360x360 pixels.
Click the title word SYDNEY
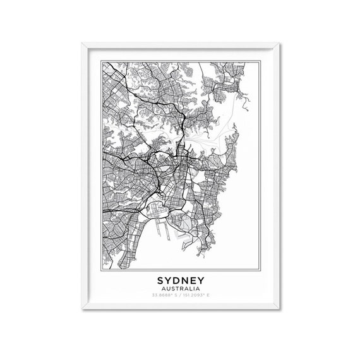[x=180, y=279]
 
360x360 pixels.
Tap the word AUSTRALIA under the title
[x=180, y=288]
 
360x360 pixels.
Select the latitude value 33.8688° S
[x=164, y=295]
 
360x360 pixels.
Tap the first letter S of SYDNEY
[x=157, y=279]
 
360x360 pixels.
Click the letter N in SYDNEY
[x=186, y=279]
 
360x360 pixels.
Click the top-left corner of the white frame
[x=82, y=42]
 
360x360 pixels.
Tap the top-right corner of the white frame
[x=279, y=42]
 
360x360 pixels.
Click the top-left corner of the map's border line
[x=101, y=60]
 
